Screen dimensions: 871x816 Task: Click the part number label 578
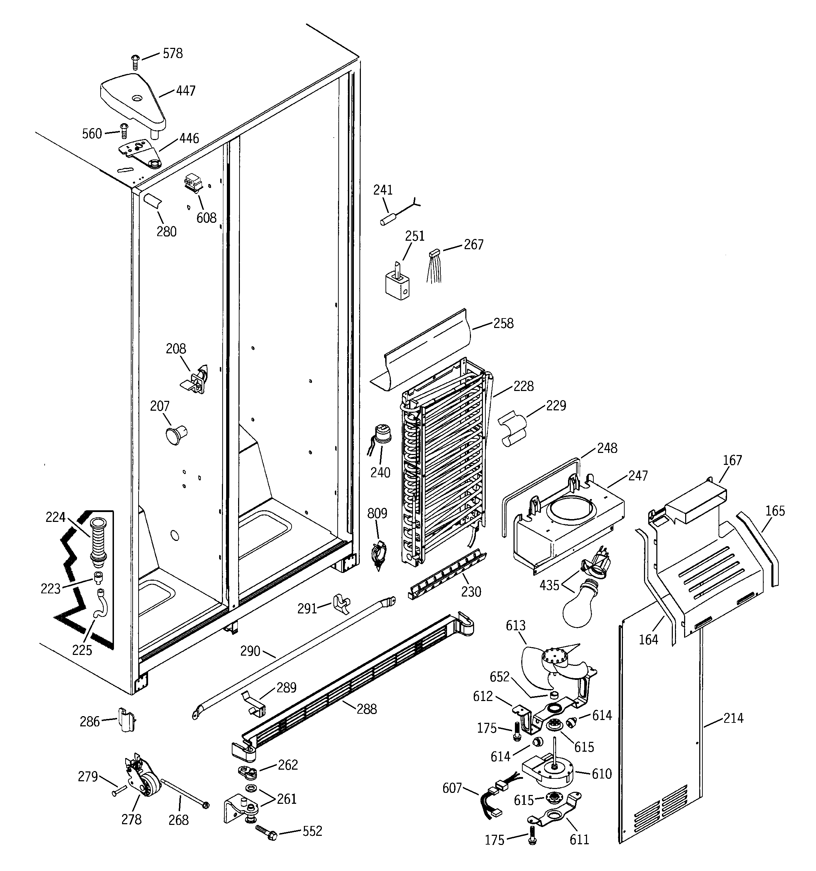tap(173, 53)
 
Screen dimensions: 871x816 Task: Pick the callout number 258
tap(503, 323)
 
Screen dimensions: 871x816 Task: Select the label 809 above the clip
tap(377, 513)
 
